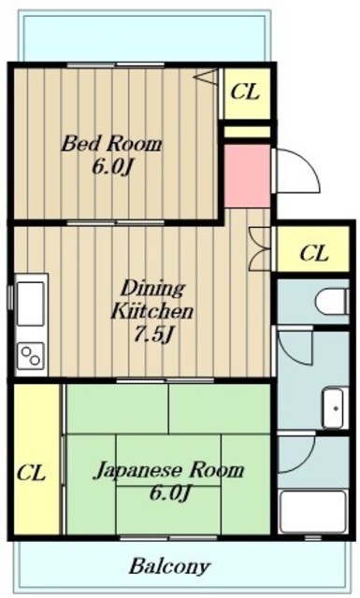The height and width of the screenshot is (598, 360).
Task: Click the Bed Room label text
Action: (x=112, y=144)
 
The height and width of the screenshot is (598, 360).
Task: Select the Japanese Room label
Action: (x=168, y=470)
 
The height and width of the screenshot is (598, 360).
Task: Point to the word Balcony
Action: (x=169, y=566)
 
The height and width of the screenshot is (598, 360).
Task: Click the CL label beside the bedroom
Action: (x=246, y=92)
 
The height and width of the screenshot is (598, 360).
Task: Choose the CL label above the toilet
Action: (x=314, y=253)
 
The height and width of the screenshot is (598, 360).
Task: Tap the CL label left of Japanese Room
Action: (x=31, y=473)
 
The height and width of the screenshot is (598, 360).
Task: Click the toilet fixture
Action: (x=331, y=301)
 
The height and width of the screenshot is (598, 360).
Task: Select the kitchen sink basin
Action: (x=30, y=303)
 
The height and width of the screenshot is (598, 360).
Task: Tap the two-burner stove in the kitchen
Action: (x=31, y=357)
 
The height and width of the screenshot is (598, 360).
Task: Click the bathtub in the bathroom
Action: (x=313, y=511)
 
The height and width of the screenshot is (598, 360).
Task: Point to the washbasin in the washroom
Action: (x=335, y=408)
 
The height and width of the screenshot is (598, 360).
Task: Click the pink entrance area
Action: (x=247, y=176)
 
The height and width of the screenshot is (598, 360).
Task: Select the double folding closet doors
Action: (x=260, y=249)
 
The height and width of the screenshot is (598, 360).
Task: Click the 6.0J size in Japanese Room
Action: (x=169, y=493)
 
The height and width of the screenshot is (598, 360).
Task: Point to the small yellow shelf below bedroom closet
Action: (x=247, y=132)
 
